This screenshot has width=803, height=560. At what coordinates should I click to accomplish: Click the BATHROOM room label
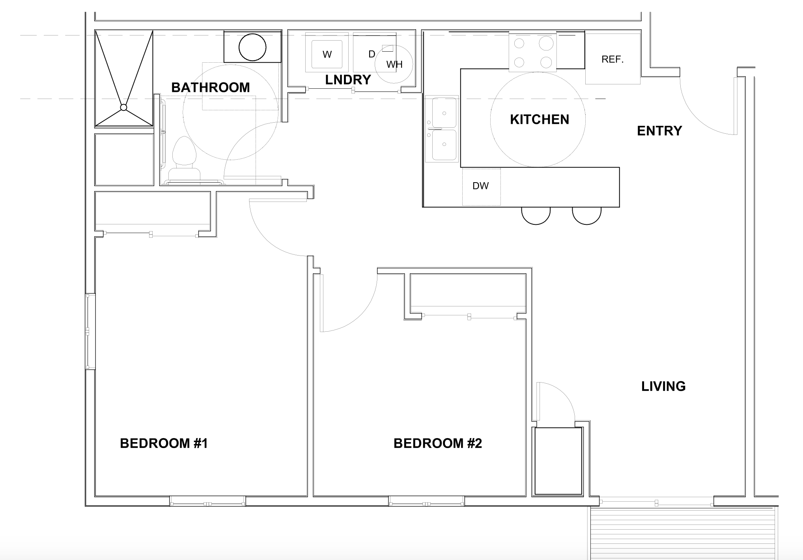[x=210, y=87]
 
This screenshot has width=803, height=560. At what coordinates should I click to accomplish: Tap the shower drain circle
[x=123, y=107]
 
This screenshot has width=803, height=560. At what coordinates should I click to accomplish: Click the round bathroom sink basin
[x=252, y=47]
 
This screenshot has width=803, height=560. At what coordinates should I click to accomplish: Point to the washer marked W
[x=327, y=54]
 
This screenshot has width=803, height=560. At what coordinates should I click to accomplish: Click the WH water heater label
[x=394, y=65]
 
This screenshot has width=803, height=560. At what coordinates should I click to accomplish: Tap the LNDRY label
[x=348, y=80]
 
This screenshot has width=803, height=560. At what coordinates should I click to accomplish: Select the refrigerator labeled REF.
[x=612, y=60]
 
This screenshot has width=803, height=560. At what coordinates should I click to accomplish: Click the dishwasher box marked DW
[x=481, y=186]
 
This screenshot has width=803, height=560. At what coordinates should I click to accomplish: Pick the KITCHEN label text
[x=539, y=119]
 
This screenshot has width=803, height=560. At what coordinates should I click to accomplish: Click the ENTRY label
[x=659, y=131]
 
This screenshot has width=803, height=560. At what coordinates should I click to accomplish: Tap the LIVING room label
[x=663, y=386]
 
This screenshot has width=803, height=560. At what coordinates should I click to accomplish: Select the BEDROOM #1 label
[x=164, y=443]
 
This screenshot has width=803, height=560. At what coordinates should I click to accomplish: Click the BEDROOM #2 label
[x=437, y=443]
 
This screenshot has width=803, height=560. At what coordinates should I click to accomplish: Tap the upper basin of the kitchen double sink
[x=444, y=113]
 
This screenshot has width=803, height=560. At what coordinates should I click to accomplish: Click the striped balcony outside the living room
[x=682, y=532]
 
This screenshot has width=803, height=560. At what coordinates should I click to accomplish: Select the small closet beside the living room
[x=558, y=461]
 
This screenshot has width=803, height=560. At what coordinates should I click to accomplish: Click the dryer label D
[x=372, y=54]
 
